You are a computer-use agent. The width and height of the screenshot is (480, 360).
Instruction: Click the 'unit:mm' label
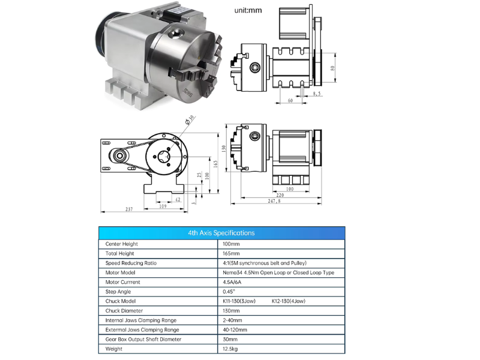coord(248,10)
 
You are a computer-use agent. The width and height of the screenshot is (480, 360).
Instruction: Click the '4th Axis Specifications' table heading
coord(221,233)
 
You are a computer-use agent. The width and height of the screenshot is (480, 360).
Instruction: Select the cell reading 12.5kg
coord(230,349)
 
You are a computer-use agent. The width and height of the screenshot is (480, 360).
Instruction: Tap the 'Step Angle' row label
coord(118,292)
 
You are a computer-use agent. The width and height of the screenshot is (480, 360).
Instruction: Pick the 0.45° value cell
coord(229,292)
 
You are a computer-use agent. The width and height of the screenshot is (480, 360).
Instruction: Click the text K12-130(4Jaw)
coord(289,301)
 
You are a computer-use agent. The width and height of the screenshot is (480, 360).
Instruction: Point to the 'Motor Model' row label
coord(121,272)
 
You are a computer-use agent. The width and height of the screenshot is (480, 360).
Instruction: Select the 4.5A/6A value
coord(232,282)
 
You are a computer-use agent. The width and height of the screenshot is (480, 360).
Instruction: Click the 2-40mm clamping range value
coord(232,320)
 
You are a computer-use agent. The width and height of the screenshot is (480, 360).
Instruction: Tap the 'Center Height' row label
coord(122,244)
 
